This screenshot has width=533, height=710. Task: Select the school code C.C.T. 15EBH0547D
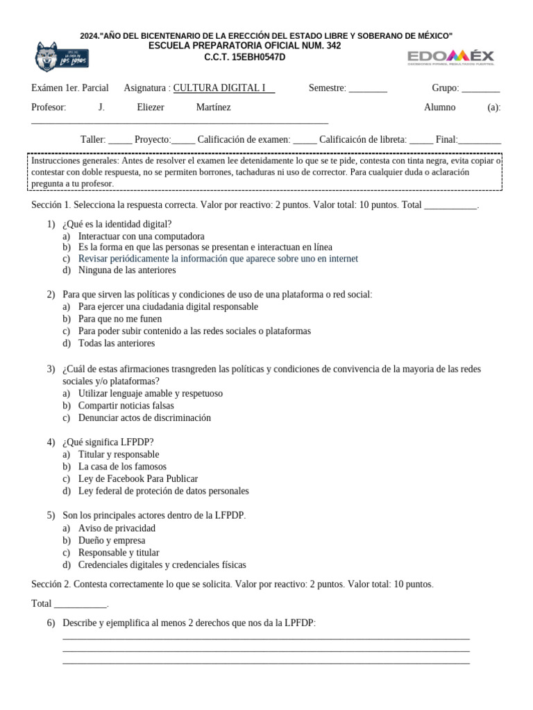[244, 57]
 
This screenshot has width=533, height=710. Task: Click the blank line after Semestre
[368, 89]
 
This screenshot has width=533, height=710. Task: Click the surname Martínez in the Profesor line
[213, 107]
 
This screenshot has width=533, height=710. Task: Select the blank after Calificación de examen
[305, 139]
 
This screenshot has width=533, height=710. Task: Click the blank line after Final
[480, 139]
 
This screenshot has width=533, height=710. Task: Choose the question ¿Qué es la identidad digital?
[117, 224]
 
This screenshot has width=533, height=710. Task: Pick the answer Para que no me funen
[120, 319]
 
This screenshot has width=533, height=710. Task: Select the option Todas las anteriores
[117, 343]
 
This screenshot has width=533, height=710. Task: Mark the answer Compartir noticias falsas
[126, 406]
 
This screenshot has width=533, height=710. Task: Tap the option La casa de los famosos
[122, 467]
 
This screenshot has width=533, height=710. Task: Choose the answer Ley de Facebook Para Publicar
[138, 479]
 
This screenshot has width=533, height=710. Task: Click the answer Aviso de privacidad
[117, 528]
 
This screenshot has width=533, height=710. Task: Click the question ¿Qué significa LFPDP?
[108, 442]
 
